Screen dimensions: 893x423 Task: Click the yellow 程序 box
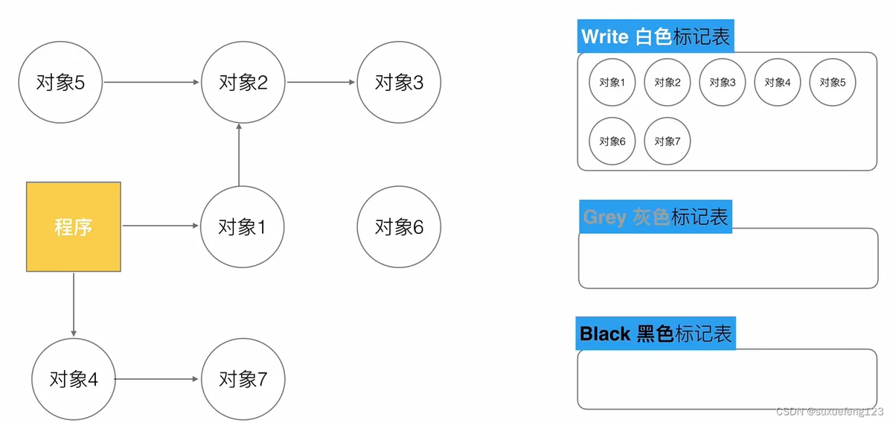pos(74,226)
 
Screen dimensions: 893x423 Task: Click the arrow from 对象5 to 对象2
pos(152,82)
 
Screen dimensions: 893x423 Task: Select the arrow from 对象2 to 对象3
pos(321,82)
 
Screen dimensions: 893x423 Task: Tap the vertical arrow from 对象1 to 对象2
pos(239,155)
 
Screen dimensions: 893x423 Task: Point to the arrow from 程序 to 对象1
pos(160,226)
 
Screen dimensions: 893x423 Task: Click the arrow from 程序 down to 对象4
pos(74,305)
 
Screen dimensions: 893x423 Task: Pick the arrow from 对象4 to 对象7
pos(156,379)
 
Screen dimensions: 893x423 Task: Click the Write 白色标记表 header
pos(656,36)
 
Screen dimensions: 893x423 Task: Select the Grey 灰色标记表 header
pos(656,217)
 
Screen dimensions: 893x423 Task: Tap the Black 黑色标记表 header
pos(656,334)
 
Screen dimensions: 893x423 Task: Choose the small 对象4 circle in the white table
pos(778,82)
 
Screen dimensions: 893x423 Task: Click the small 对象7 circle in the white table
pos(668,141)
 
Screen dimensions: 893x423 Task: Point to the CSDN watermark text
pos(830,411)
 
